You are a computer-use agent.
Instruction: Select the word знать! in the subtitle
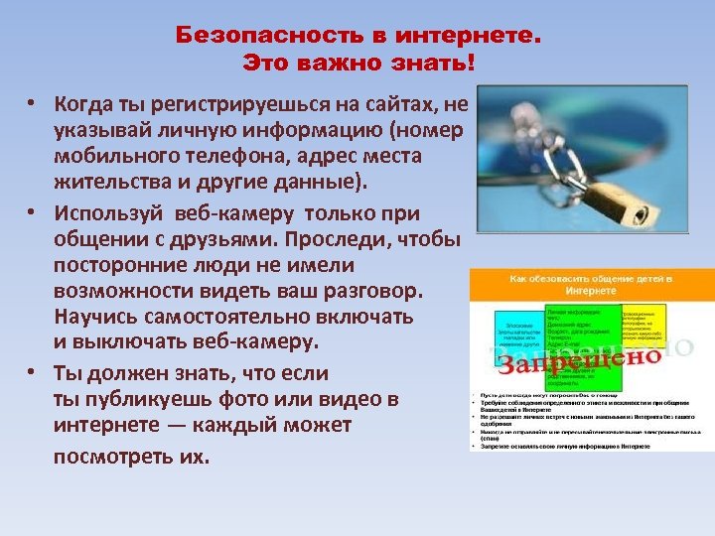click(x=442, y=64)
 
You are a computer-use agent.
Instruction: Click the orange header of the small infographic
click(x=591, y=285)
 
